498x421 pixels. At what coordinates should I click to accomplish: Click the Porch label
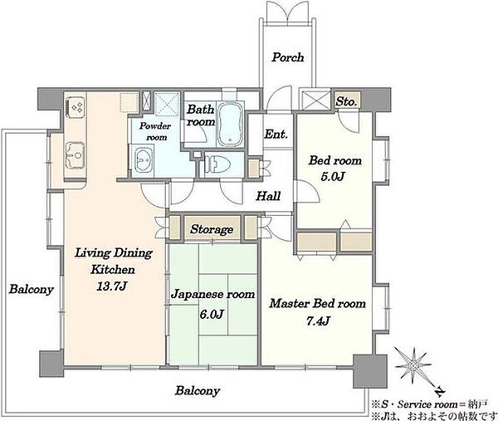pos(288,57)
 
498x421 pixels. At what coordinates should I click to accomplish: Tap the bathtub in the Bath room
pos(231,125)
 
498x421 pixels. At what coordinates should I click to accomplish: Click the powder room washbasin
pos(142,159)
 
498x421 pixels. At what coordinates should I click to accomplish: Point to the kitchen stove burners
pos(76,106)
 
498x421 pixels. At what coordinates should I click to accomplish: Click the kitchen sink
pos(76,155)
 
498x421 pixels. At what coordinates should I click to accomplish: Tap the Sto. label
pos(346,101)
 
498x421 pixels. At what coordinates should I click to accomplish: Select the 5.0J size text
pos(333,176)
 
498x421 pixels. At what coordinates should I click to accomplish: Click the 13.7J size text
pos(112,286)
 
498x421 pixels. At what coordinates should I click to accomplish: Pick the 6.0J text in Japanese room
pos(212,315)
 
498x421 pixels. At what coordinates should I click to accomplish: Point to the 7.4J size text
pos(318,321)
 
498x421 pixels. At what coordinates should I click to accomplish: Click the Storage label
pos(212,229)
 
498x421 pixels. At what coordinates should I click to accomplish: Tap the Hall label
pos(268,196)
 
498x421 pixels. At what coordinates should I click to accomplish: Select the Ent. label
pos(276,134)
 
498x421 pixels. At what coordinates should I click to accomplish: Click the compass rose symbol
pos(413,365)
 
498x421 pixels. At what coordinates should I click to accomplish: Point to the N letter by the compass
pos(439,392)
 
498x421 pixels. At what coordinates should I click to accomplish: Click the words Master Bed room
pos(318,304)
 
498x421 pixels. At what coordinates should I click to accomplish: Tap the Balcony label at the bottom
pos(198,390)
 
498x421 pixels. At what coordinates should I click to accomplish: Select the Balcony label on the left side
pos(31,290)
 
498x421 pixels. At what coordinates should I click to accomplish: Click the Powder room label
pos(155,131)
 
